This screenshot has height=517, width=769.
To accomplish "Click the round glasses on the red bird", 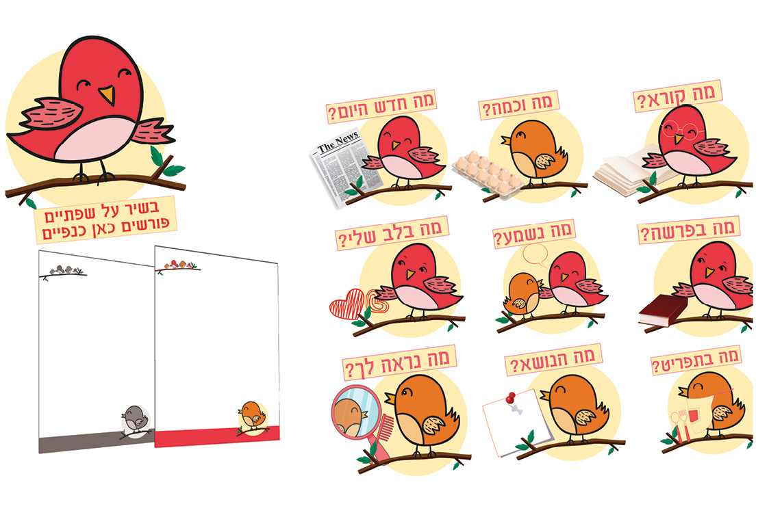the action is pyautogui.click(x=679, y=130).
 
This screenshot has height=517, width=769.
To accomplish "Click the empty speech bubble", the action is pyautogui.click(x=535, y=254).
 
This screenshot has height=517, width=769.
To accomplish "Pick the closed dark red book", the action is pyautogui.click(x=662, y=310).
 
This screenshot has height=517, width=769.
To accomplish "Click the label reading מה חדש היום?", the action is pyautogui.click(x=381, y=106).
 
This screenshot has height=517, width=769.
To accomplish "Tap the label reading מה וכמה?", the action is pyautogui.click(x=518, y=105).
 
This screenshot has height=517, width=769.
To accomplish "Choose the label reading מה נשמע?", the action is pyautogui.click(x=533, y=234).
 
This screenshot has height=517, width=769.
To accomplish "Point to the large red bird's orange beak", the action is pyautogui.click(x=108, y=95).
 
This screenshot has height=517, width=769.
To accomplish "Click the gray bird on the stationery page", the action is pyautogui.click(x=135, y=419).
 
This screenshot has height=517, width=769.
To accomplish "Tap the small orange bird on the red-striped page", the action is pyautogui.click(x=253, y=414).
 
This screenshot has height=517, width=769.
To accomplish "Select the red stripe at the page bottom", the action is pyautogui.click(x=217, y=436).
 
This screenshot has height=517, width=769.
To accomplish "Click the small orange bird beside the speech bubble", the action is pyautogui.click(x=523, y=294).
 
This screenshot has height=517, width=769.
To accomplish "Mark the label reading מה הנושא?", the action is pyautogui.click(x=553, y=360).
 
